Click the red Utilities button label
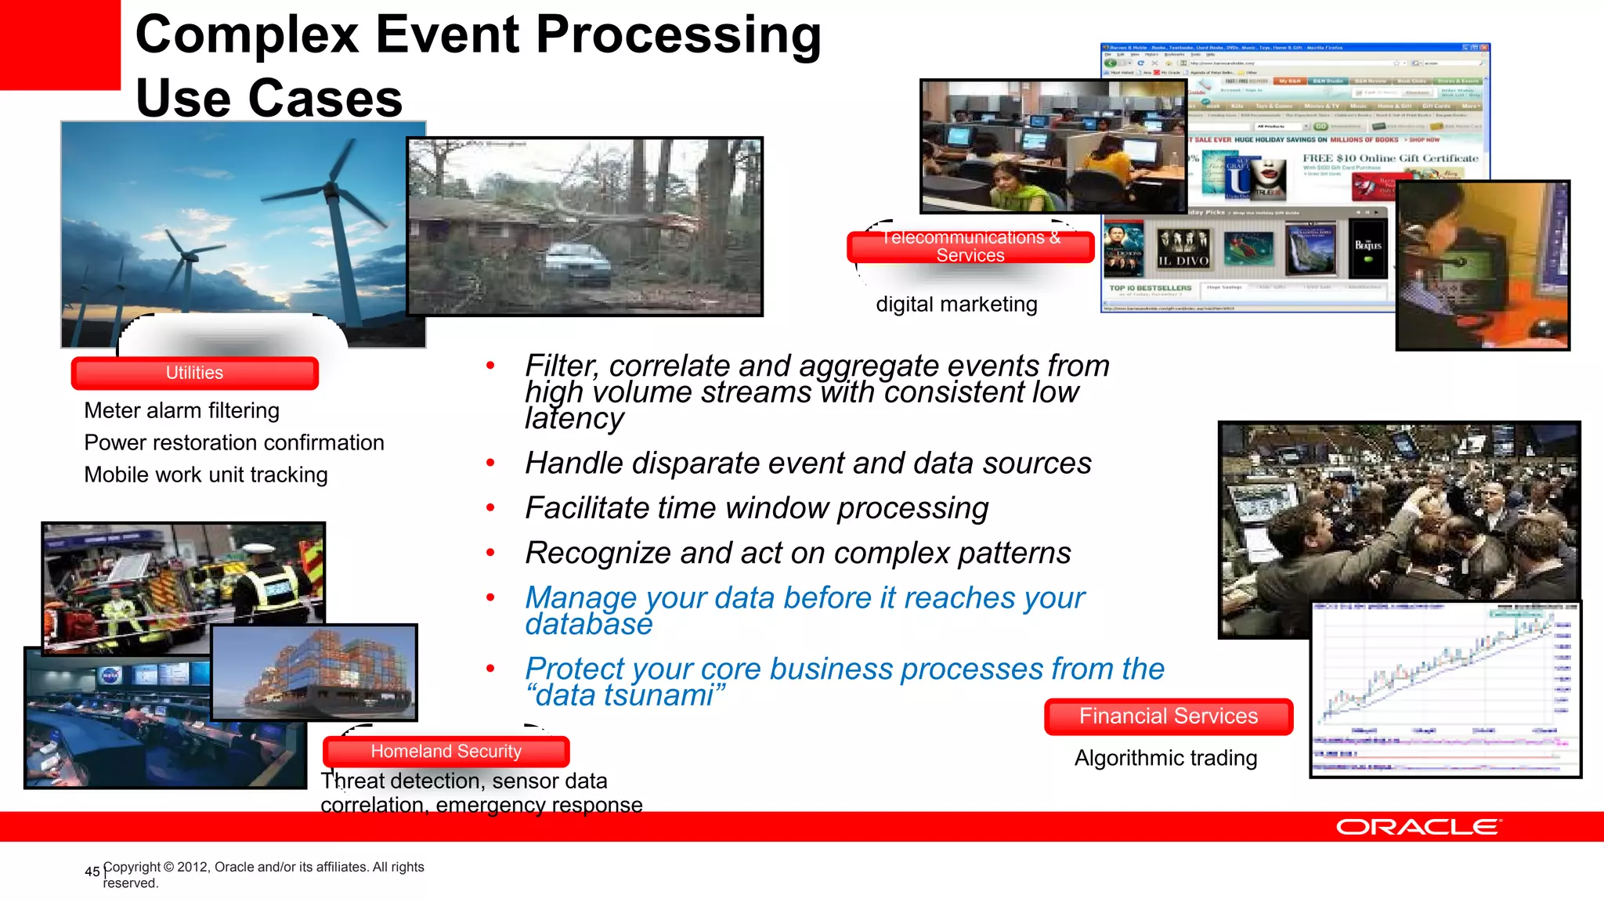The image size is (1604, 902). point(194,373)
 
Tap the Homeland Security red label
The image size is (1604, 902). point(446,752)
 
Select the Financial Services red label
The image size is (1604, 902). point(1168,716)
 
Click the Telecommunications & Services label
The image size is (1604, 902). point(970,247)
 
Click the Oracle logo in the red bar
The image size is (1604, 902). point(1418,827)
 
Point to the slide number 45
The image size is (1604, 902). point(92,871)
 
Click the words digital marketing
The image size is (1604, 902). point(956,305)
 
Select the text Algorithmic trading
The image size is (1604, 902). point(1165,758)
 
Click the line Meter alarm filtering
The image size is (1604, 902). point(182,410)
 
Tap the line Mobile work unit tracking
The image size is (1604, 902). point(206,474)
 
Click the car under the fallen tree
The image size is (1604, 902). point(577,265)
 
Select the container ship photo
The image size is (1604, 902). point(315,672)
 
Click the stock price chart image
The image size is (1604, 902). point(1445,689)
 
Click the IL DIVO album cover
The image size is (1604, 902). point(1183,250)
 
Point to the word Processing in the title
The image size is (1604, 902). point(678,34)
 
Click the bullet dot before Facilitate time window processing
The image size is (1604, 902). point(490,508)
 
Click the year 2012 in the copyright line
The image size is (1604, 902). point(193,867)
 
